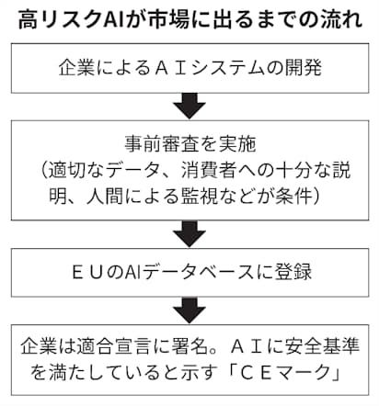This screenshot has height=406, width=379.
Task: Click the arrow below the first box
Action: click(x=190, y=104)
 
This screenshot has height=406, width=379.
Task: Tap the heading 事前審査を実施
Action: click(x=189, y=141)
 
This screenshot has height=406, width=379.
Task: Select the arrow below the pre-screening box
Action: click(x=190, y=230)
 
